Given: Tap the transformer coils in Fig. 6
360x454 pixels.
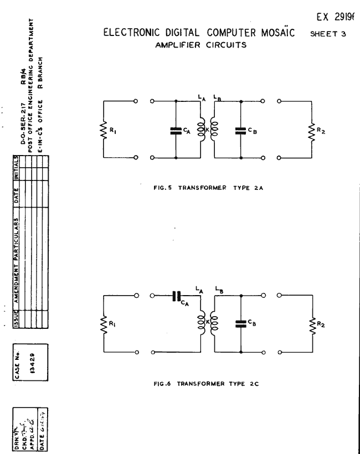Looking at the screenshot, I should click(x=208, y=324).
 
